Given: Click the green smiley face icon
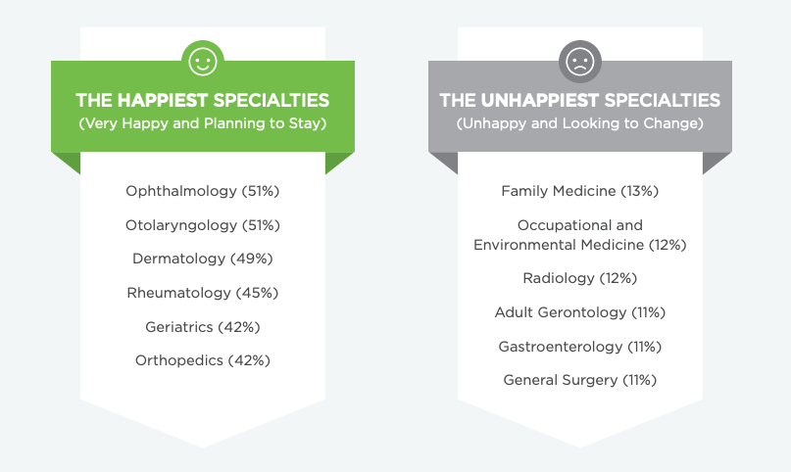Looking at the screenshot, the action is (203, 62).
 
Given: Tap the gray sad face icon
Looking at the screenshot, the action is (580, 62).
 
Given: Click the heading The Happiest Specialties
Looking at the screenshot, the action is (203, 100).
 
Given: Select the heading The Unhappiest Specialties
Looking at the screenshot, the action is (580, 100).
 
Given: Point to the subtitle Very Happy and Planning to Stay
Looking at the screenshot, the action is (203, 123).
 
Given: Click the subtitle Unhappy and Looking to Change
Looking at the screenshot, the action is (580, 123).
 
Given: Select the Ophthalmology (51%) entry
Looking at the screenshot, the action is (203, 191).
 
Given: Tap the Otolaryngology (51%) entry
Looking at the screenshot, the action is (203, 225).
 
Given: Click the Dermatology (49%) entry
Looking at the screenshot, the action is (203, 259).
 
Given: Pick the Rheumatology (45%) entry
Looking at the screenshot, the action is (203, 293).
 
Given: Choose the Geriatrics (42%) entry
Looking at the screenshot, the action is (203, 327).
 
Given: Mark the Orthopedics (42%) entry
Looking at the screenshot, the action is (203, 360).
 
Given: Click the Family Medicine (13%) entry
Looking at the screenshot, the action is (580, 191).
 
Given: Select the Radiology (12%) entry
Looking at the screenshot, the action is (580, 278).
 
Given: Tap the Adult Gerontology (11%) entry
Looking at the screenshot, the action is (580, 312).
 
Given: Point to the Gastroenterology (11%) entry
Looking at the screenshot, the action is (580, 347).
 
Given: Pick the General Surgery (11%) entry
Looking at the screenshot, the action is (580, 380).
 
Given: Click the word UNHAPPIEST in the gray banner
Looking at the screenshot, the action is (540, 100).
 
